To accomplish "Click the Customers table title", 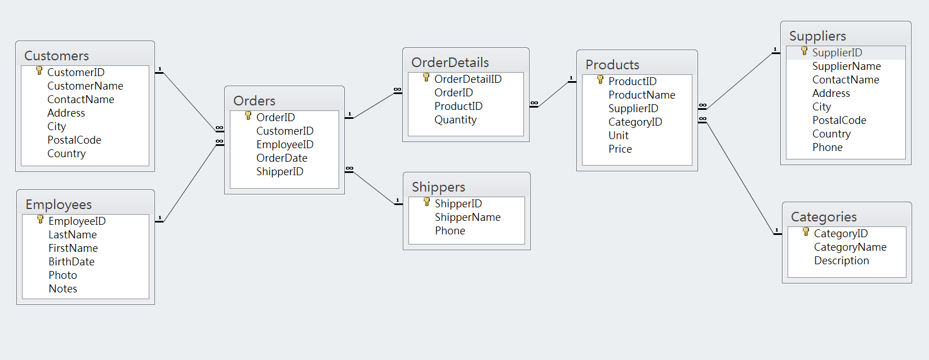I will coord(56,56).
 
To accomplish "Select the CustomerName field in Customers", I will coord(85,86).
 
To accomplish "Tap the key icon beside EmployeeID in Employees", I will coord(40,219).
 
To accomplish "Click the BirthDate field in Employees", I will coord(72,261).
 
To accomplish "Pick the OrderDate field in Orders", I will coord(282,158).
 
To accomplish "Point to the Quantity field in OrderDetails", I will coord(455,119).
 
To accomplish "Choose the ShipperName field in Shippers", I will coord(468,217).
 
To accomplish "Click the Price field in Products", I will coord(620,149).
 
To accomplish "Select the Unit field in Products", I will coord(618,135).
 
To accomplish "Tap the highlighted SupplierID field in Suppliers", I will coord(837,52).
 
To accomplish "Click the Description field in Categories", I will coord(841,260).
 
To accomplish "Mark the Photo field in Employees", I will coord(63,275).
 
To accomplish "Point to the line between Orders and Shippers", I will coord(374,186).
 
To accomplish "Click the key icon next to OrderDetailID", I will coord(426,77).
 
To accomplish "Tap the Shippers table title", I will coord(438,187).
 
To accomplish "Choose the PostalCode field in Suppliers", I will coord(839,120).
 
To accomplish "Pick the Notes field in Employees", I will coord(63,288).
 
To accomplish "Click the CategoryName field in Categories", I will coord(850,247).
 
